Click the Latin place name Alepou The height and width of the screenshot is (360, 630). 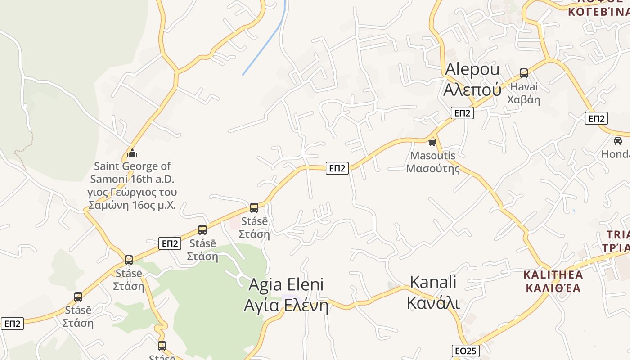click(x=472, y=70)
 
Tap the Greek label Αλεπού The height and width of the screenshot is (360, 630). click(x=472, y=90)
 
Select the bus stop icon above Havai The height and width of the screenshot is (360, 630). click(x=523, y=73)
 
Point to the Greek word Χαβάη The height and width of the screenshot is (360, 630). click(x=523, y=99)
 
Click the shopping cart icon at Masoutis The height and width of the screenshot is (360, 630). click(x=432, y=142)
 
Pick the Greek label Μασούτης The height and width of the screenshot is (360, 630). click(x=433, y=169)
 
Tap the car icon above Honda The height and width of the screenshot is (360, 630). click(x=618, y=140)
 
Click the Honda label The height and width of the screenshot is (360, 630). click(x=616, y=154)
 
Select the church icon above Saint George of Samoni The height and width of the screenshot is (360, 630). click(x=132, y=153)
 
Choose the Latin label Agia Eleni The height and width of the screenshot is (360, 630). click(x=286, y=284)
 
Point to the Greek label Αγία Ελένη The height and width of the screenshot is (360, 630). click(x=286, y=305)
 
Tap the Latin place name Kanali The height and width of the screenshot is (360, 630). click(x=433, y=282)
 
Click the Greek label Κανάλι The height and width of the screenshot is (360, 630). click(x=433, y=302)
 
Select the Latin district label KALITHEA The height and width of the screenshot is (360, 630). click(x=553, y=274)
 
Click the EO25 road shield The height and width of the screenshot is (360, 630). click(x=466, y=351)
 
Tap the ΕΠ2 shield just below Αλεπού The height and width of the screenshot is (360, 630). click(x=462, y=113)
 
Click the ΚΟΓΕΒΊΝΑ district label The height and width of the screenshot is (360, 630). click(x=598, y=11)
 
